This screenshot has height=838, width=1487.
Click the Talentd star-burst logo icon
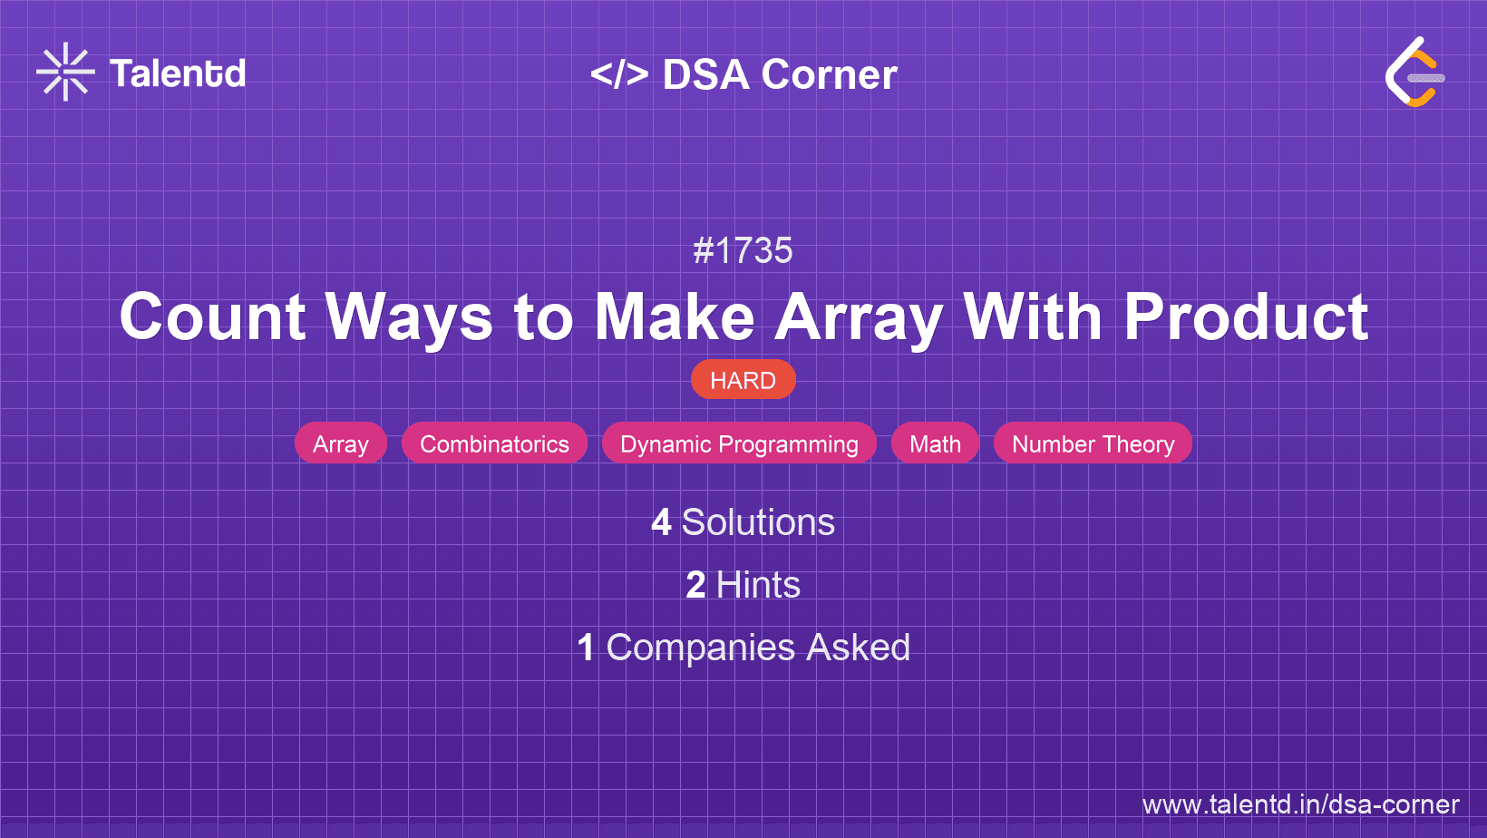[x=65, y=72]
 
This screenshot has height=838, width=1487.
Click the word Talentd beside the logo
[x=178, y=73]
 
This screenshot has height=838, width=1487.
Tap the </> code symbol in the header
[x=619, y=74]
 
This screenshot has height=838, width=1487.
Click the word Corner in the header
[x=829, y=75]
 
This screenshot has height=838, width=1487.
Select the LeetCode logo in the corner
[x=1414, y=73]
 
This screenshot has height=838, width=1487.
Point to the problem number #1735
[x=743, y=250]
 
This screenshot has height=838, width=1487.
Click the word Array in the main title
[x=858, y=317]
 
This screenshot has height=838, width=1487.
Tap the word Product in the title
[x=1246, y=317]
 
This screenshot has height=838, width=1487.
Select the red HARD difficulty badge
[x=743, y=380]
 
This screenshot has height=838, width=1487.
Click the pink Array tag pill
[x=341, y=443]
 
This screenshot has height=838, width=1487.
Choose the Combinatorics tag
[x=494, y=443]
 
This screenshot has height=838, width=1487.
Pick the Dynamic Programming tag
[x=739, y=443]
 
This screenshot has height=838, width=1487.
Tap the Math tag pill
[x=935, y=443]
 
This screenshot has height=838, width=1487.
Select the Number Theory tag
[x=1093, y=443]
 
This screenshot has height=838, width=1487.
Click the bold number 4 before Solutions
[x=661, y=523]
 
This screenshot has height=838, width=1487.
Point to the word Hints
[x=758, y=585]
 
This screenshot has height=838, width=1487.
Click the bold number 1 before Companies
[x=586, y=648]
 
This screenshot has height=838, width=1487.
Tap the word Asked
[x=858, y=648]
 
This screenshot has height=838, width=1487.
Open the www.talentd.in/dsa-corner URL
[x=1300, y=804]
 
